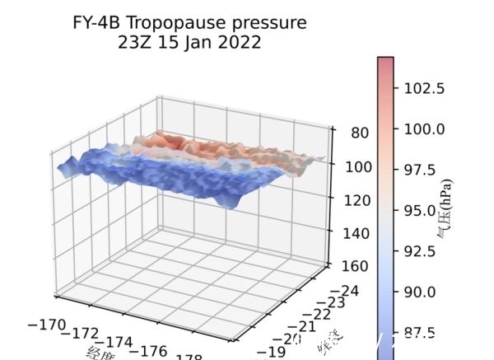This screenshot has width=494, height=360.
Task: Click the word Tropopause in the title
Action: click(178, 22)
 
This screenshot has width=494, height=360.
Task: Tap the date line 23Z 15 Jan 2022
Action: click(190, 41)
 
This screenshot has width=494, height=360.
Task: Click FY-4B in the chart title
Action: click(100, 22)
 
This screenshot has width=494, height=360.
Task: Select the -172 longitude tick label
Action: click(85, 334)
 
